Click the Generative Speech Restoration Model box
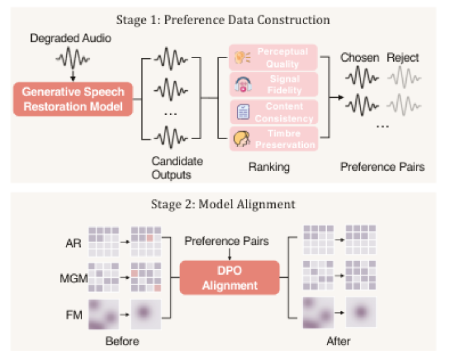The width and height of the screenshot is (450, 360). pos(73,99)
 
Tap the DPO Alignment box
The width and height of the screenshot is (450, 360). pos(229,277)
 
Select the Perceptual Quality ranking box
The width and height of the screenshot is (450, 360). pos(273,57)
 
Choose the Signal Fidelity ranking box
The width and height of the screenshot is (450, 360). pos(274,84)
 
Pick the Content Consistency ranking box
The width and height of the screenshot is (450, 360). pos(274,112)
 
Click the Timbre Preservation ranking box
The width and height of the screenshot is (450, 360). pos(274,139)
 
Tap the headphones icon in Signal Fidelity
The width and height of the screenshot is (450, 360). pos(243,84)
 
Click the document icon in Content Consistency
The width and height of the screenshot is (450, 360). pos(243,112)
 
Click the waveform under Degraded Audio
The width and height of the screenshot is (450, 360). pos(73,58)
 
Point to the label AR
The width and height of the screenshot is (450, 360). pos(73,243)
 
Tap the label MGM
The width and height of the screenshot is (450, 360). pos(74,279)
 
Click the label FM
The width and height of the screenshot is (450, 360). pos(74,315)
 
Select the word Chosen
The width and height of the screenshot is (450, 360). pos(360,57)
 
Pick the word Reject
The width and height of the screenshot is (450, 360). pos(402,58)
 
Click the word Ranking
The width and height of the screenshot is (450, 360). pos(269,167)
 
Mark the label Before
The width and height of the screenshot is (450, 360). pos(122,341)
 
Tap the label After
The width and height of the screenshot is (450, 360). pos(339,341)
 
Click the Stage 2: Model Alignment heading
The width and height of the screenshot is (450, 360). pos(223,204)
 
